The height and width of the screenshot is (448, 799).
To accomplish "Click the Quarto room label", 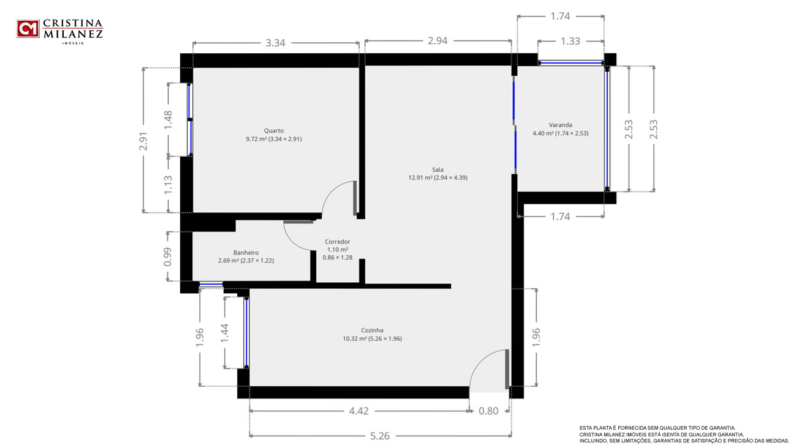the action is pyautogui.click(x=274, y=131).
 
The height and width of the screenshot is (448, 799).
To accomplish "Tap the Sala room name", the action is pyautogui.click(x=437, y=170).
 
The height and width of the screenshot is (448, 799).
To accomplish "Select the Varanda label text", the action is pyautogui.click(x=561, y=125).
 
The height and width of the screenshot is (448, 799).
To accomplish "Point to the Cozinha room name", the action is pyautogui.click(x=372, y=330).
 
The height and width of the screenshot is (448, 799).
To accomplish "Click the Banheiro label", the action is pyautogui.click(x=246, y=253).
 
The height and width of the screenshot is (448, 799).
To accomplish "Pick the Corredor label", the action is pyautogui.click(x=338, y=242).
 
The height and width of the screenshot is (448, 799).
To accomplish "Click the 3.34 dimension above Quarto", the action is pyautogui.click(x=275, y=43).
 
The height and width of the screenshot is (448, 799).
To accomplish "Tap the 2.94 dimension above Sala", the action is pyautogui.click(x=437, y=41).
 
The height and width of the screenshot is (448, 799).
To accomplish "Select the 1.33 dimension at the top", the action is pyautogui.click(x=570, y=42).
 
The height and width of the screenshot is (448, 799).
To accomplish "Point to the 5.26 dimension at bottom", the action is pyautogui.click(x=379, y=436).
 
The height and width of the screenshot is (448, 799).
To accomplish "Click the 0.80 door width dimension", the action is pyautogui.click(x=488, y=411).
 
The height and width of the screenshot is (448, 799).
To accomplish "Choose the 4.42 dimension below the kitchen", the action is pyautogui.click(x=358, y=411).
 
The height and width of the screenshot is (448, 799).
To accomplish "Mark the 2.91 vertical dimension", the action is pyautogui.click(x=143, y=141).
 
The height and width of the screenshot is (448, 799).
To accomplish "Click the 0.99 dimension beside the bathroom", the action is pyautogui.click(x=167, y=256).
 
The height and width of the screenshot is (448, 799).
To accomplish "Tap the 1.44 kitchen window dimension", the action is pyautogui.click(x=224, y=333).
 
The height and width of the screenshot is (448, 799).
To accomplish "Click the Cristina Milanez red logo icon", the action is pyautogui.click(x=28, y=29).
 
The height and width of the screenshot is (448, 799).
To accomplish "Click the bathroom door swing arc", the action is pyautogui.click(x=292, y=242).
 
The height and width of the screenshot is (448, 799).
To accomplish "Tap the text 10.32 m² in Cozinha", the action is pyautogui.click(x=355, y=338).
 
